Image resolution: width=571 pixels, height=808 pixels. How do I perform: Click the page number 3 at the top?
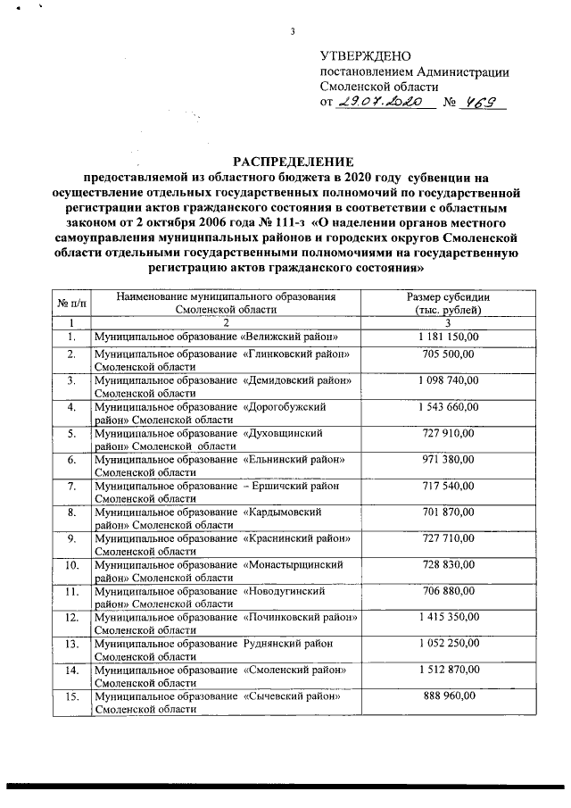point(292,34)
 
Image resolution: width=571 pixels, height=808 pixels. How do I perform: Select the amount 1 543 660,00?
point(448,406)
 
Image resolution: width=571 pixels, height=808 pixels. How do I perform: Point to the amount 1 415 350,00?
point(448,616)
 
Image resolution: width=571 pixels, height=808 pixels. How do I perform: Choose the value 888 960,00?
point(448,695)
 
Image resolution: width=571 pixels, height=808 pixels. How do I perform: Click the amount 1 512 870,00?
point(448,669)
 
